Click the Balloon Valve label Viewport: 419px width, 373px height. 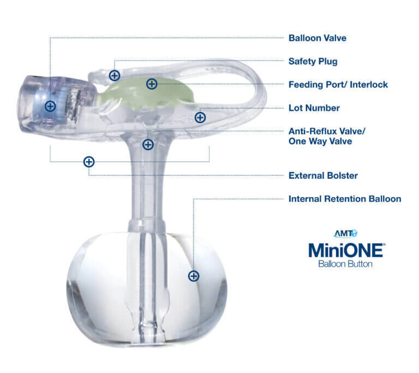(x=317, y=38)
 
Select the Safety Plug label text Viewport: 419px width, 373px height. (x=313, y=61)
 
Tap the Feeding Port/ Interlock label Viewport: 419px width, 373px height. (x=338, y=85)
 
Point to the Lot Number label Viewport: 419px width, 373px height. (x=314, y=108)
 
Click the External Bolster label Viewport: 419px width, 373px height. (x=322, y=176)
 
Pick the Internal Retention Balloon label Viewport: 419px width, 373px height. (x=344, y=199)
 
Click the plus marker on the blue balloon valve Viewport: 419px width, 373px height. (x=50, y=106)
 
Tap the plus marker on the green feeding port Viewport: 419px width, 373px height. (x=152, y=84)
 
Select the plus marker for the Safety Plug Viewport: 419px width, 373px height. (x=114, y=75)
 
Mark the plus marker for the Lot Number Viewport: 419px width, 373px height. (x=200, y=117)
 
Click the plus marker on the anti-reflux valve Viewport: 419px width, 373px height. (x=147, y=145)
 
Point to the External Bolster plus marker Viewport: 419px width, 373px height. (x=88, y=162)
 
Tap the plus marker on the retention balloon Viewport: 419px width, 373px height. (x=193, y=276)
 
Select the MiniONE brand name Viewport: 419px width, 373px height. (x=346, y=250)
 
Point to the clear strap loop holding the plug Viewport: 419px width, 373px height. (x=240, y=82)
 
